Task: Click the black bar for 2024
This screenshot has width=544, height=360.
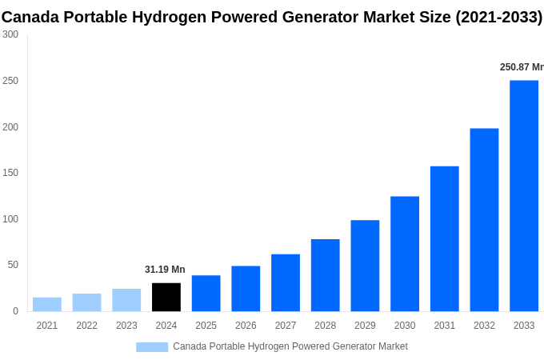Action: click(166, 297)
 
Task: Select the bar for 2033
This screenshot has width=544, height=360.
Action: click(524, 195)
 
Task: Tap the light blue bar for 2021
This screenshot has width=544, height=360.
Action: click(47, 304)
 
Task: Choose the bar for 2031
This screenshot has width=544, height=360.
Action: click(445, 238)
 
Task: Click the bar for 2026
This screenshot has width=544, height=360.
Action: click(246, 288)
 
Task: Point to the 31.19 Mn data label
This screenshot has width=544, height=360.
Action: click(165, 270)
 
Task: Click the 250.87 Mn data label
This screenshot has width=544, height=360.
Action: click(521, 67)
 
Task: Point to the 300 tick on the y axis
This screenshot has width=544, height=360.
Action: click(10, 34)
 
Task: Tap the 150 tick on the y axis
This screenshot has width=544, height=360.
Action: click(10, 173)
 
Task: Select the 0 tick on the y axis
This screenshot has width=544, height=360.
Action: click(15, 311)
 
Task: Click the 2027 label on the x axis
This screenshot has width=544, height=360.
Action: click(286, 326)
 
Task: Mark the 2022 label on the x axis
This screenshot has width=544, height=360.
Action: click(86, 326)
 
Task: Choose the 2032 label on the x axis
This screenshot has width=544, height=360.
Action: click(484, 326)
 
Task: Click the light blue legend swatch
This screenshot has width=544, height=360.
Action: click(152, 346)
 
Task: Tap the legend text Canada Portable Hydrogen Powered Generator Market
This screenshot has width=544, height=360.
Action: click(290, 346)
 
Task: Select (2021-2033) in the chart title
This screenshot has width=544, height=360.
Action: click(498, 17)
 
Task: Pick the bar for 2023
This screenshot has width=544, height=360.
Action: click(126, 300)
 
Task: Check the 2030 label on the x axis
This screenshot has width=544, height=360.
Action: click(405, 326)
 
